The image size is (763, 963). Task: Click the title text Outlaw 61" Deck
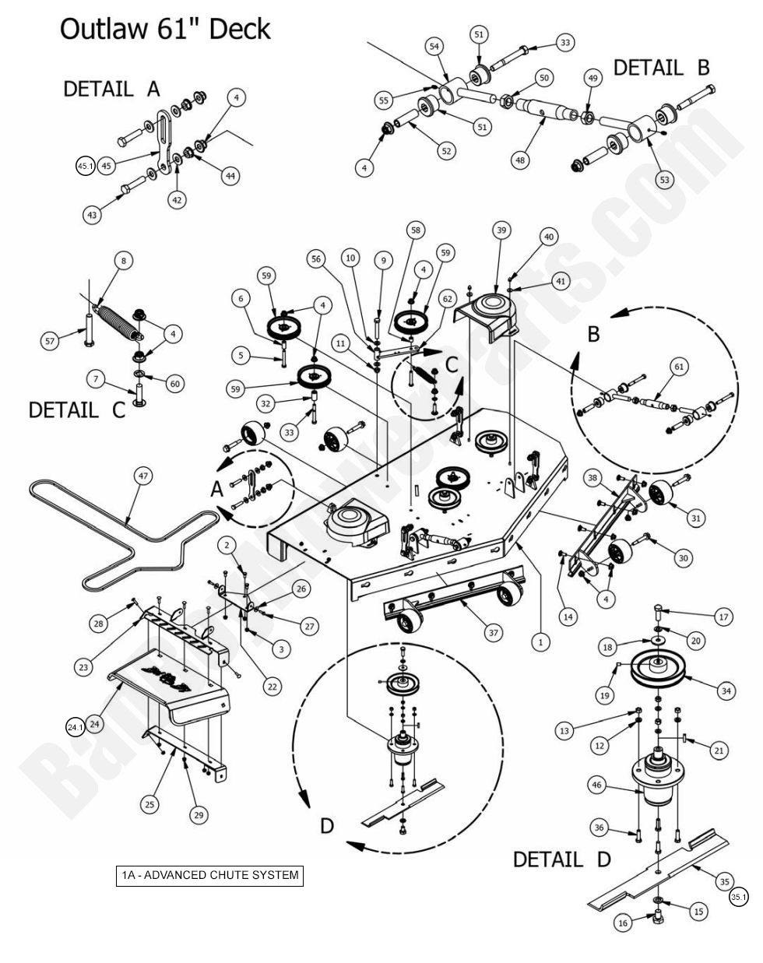click(165, 30)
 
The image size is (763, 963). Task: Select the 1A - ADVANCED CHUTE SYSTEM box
click(209, 875)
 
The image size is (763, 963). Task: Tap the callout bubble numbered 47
click(142, 475)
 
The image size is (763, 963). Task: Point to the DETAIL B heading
click(661, 68)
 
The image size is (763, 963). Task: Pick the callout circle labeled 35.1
click(738, 898)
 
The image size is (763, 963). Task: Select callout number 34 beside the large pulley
click(726, 690)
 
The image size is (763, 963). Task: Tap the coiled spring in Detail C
click(117, 321)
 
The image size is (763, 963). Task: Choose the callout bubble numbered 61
click(679, 366)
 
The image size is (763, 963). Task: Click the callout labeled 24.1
click(75, 727)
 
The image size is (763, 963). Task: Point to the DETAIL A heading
click(111, 89)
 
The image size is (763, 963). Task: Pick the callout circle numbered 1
click(537, 642)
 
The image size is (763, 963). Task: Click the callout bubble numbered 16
click(623, 923)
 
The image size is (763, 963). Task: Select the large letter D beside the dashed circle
click(327, 825)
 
